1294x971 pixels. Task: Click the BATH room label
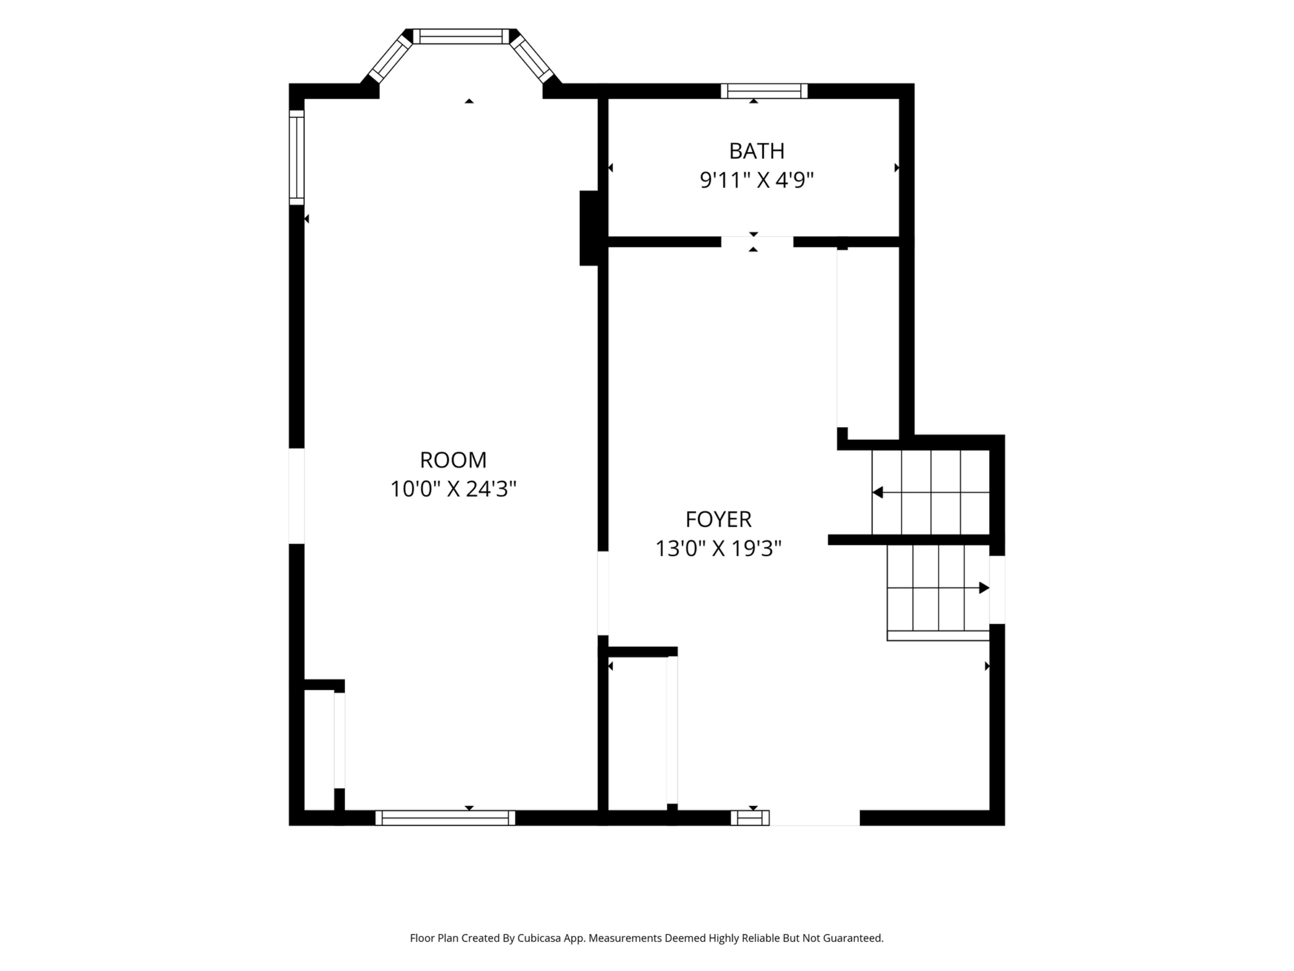757,151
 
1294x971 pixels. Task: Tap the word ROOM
453,460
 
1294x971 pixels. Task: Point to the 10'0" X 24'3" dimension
453,489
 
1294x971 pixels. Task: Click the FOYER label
718,519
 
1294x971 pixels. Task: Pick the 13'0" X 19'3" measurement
718,549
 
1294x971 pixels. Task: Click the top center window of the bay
461,36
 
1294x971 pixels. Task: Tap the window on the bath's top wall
764,91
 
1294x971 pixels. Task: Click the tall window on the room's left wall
297,157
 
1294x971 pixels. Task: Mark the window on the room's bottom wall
445,818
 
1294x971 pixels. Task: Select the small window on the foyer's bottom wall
750,818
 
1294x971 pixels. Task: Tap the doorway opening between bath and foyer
757,242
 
